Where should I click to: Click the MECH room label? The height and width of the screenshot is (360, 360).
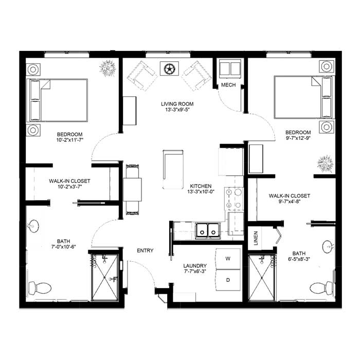pos(228,85)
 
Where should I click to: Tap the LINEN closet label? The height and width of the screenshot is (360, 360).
pos(256,238)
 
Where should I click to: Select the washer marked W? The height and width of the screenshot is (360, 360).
pos(228,259)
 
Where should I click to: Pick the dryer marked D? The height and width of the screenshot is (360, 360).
pos(228,280)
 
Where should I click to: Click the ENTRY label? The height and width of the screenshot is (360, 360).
pos(145,250)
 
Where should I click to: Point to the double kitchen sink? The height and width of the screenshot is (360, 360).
pos(208,230)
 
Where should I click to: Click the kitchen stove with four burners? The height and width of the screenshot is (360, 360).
pos(234,199)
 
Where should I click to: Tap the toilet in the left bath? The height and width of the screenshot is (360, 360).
pos(40,288)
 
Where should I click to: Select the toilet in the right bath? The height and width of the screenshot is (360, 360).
pos(321,288)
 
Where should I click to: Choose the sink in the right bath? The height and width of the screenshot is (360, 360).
pos(328,247)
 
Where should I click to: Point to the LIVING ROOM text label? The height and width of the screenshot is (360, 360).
pos(177,104)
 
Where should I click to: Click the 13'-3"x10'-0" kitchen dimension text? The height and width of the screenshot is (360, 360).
pos(201,191)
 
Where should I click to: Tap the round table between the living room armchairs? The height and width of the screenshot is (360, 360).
pos(169,68)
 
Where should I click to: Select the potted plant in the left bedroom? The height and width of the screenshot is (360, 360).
pos(107,68)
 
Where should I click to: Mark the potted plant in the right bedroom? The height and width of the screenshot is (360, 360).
pos(326,164)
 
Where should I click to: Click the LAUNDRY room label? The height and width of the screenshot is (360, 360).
pos(195,266)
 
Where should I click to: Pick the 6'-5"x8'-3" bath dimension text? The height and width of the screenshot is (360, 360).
pos(299,259)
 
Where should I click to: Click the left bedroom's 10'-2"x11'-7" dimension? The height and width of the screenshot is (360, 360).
pos(70,140)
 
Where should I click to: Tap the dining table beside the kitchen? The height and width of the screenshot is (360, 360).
pos(132,190)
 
